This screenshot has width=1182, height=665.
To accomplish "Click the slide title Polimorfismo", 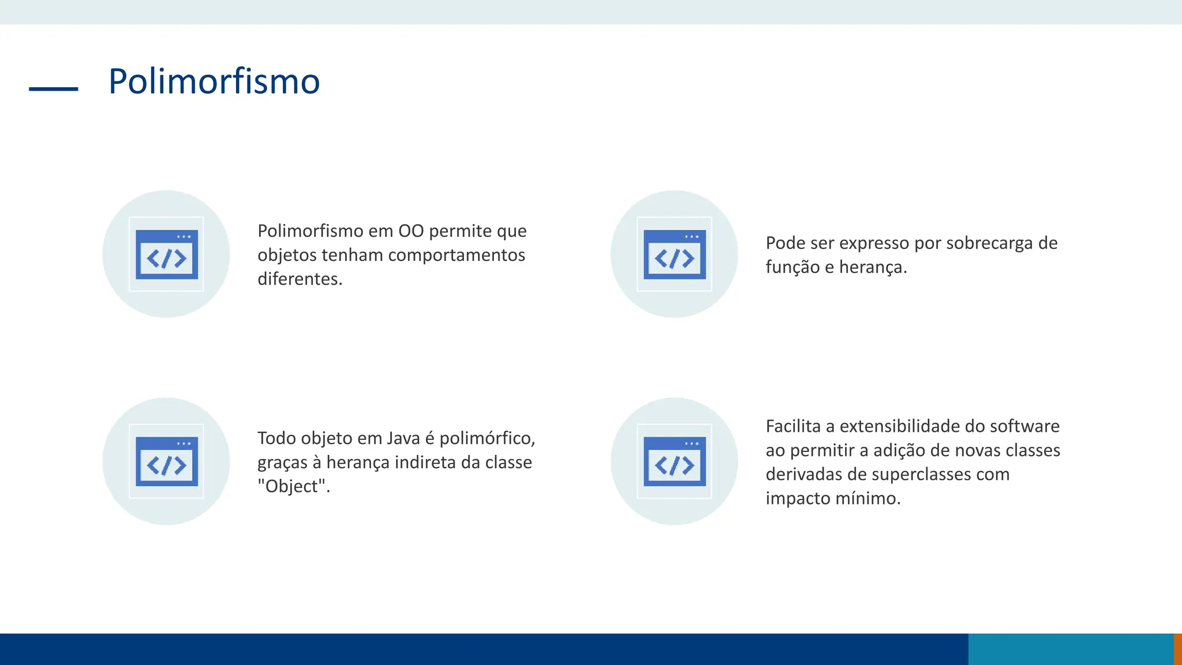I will (x=214, y=81).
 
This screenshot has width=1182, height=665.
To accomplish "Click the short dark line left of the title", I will (x=53, y=89).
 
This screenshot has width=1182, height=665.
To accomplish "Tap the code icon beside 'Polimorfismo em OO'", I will (x=166, y=255).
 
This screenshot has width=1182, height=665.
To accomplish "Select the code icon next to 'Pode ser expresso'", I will (x=674, y=255).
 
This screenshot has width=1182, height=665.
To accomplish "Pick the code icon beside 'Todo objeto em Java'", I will (x=166, y=461).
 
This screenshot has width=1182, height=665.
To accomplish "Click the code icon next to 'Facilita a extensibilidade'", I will (x=674, y=461).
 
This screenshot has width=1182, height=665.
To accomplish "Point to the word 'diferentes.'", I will (x=300, y=279).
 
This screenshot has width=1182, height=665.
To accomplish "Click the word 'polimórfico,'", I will (x=487, y=438).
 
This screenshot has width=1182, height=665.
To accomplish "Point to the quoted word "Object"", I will (x=293, y=487).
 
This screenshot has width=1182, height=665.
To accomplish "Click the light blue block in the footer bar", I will (x=1071, y=649).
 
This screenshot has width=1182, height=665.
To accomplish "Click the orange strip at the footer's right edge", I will (x=1177, y=649).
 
